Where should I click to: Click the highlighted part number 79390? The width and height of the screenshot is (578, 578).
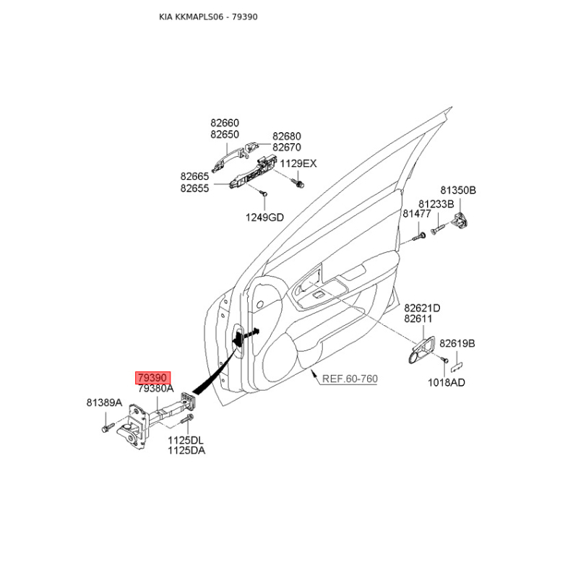[153, 378]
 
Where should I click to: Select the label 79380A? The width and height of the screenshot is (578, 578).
[155, 389]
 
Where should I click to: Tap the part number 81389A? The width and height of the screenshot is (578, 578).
[104, 402]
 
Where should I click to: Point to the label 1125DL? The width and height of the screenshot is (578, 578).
[186, 440]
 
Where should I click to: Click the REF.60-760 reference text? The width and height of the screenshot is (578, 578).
[350, 379]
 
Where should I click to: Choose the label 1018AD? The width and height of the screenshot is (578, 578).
[447, 383]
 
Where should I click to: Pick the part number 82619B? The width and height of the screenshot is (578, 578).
[457, 344]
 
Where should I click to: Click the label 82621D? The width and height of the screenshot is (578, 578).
[422, 308]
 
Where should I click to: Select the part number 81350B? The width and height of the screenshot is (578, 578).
[458, 190]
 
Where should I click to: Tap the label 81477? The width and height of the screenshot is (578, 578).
[417, 214]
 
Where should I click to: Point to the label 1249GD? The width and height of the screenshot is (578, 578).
[264, 217]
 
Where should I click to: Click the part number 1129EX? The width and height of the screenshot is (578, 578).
[298, 164]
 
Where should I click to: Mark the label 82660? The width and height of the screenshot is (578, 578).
[225, 123]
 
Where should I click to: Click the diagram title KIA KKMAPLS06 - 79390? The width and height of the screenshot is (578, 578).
[208, 17]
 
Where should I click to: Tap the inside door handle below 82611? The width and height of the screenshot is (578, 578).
[421, 350]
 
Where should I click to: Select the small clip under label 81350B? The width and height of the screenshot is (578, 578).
[460, 220]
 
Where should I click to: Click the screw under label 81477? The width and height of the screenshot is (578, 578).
[419, 236]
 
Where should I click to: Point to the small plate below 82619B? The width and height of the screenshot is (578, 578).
[457, 366]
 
